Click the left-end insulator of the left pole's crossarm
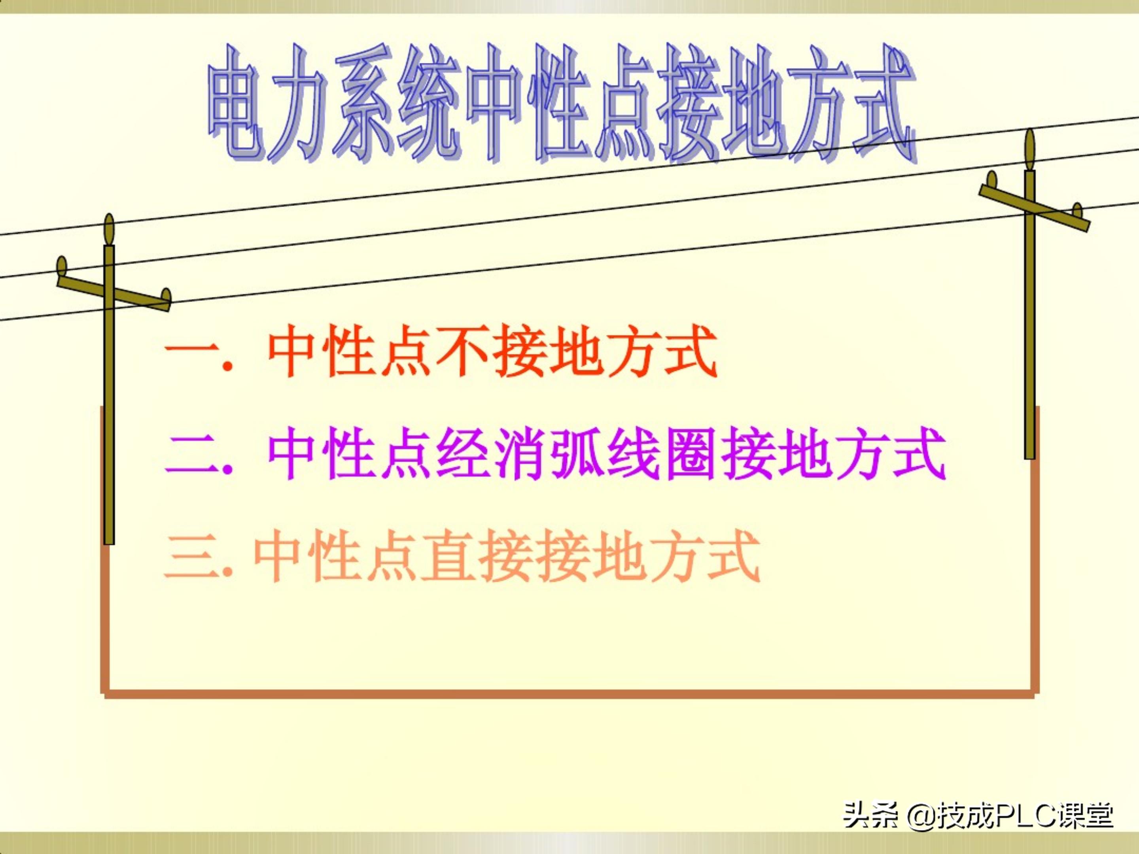[x=62, y=266]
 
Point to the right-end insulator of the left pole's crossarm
[x=166, y=296]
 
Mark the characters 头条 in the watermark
[x=870, y=815]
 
